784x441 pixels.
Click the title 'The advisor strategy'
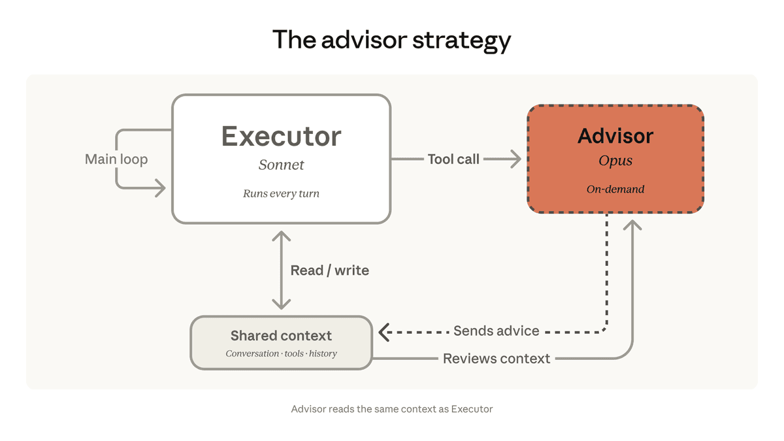pyautogui.click(x=391, y=40)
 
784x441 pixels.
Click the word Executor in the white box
pyautogui.click(x=281, y=137)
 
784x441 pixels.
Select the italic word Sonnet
pyautogui.click(x=281, y=165)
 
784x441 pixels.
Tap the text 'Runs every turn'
pyautogui.click(x=281, y=193)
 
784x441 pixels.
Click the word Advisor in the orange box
pyautogui.click(x=615, y=136)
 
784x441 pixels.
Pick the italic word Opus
pyautogui.click(x=615, y=161)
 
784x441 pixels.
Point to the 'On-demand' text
pyautogui.click(x=615, y=189)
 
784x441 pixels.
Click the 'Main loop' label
pyautogui.click(x=116, y=159)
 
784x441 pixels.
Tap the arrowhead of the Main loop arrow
pyautogui.click(x=161, y=189)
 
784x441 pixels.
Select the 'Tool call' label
pyautogui.click(x=453, y=159)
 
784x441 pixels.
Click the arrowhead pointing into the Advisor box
pyautogui.click(x=517, y=159)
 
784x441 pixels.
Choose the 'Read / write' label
pyautogui.click(x=329, y=270)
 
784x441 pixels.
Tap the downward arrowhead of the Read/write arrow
pyautogui.click(x=281, y=304)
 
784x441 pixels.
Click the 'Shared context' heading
pyautogui.click(x=281, y=336)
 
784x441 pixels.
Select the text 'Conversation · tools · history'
pyautogui.click(x=281, y=353)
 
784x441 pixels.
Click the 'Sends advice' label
pyautogui.click(x=496, y=331)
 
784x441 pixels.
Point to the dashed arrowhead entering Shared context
pyautogui.click(x=384, y=332)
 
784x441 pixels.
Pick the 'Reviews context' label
pyautogui.click(x=496, y=359)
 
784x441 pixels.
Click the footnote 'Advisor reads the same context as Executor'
pyautogui.click(x=391, y=409)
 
